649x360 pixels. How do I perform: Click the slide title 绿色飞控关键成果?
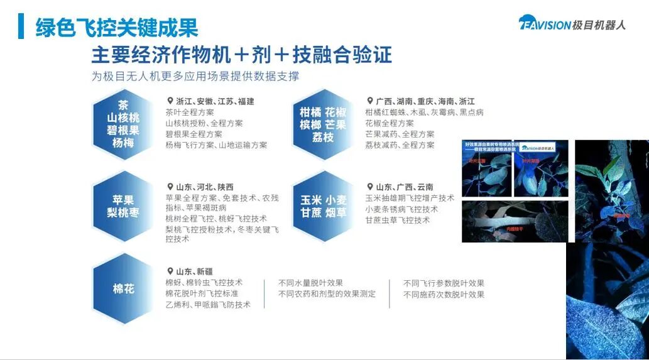tap(117, 27)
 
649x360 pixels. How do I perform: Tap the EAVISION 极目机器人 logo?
tap(572, 25)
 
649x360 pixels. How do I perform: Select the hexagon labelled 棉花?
tap(124, 289)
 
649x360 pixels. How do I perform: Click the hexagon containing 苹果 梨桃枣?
tap(123, 206)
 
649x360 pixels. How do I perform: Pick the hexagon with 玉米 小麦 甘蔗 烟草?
tap(323, 206)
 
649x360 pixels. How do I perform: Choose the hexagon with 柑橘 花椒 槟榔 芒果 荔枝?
tap(323, 124)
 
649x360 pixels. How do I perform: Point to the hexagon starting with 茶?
tap(123, 124)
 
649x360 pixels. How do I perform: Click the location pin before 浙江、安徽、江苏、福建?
tap(170, 101)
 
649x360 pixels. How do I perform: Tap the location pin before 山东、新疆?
tap(170, 271)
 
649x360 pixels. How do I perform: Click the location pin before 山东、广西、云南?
tap(370, 187)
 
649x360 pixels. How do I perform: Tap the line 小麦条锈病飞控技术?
tap(401, 209)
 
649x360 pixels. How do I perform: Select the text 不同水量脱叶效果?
tap(310, 283)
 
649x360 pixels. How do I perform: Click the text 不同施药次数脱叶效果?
tap(444, 294)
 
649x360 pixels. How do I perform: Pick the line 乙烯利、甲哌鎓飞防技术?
tap(208, 305)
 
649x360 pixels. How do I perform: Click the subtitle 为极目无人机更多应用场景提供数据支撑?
tap(195, 77)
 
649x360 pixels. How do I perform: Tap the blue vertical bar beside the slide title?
tap(21, 26)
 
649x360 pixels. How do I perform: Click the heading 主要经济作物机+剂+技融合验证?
tap(242, 55)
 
